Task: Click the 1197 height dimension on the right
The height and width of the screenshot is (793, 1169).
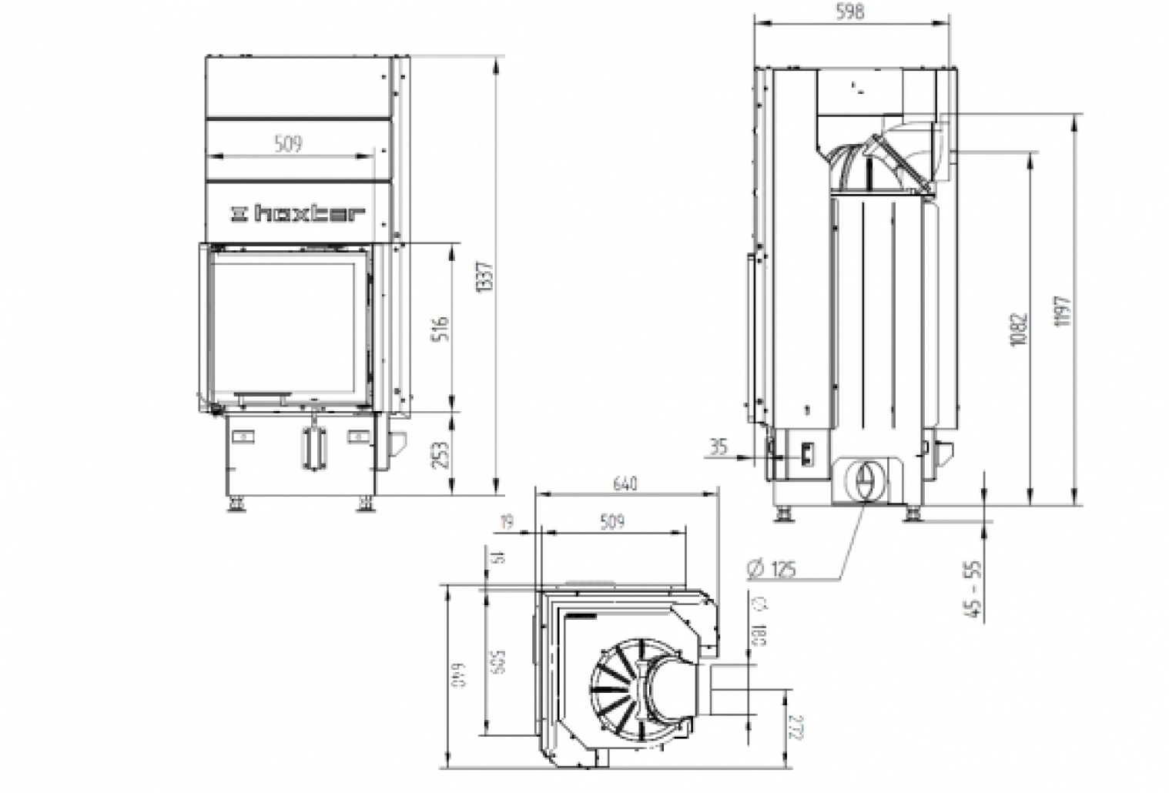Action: (1064, 311)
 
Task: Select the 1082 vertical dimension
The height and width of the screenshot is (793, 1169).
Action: (1020, 328)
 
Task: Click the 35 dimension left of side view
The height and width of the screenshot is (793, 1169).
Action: (718, 447)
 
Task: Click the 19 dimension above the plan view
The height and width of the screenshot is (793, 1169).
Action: (506, 523)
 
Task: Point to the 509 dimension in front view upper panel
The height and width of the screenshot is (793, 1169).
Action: (288, 143)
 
